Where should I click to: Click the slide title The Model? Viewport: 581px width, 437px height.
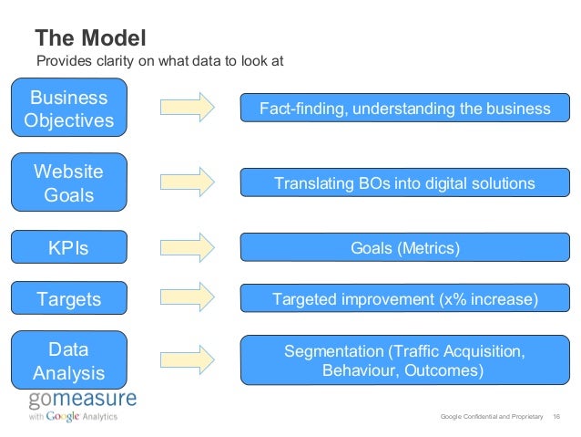click(x=90, y=37)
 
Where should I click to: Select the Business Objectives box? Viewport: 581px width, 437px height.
click(x=68, y=109)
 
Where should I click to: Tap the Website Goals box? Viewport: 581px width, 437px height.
click(x=68, y=182)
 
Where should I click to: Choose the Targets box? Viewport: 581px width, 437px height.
click(x=68, y=298)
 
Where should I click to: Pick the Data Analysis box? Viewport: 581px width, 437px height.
click(x=68, y=361)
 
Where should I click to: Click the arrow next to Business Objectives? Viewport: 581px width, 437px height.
click(x=187, y=108)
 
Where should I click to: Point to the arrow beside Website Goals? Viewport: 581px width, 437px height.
click(x=187, y=182)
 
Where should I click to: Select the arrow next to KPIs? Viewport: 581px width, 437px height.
click(x=187, y=246)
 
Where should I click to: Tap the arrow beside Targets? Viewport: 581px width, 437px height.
click(x=187, y=296)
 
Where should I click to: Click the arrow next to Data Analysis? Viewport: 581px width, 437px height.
click(x=187, y=357)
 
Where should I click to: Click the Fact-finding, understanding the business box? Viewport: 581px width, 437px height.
click(x=404, y=109)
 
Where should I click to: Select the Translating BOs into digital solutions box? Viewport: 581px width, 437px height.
click(x=404, y=183)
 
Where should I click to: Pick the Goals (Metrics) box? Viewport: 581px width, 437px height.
click(x=404, y=248)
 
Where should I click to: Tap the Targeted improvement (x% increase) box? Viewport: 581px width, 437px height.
click(x=404, y=298)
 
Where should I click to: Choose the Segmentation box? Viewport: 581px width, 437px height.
click(x=404, y=360)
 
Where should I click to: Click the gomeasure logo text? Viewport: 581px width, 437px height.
click(x=82, y=399)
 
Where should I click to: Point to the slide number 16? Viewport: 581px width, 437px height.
click(x=556, y=417)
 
